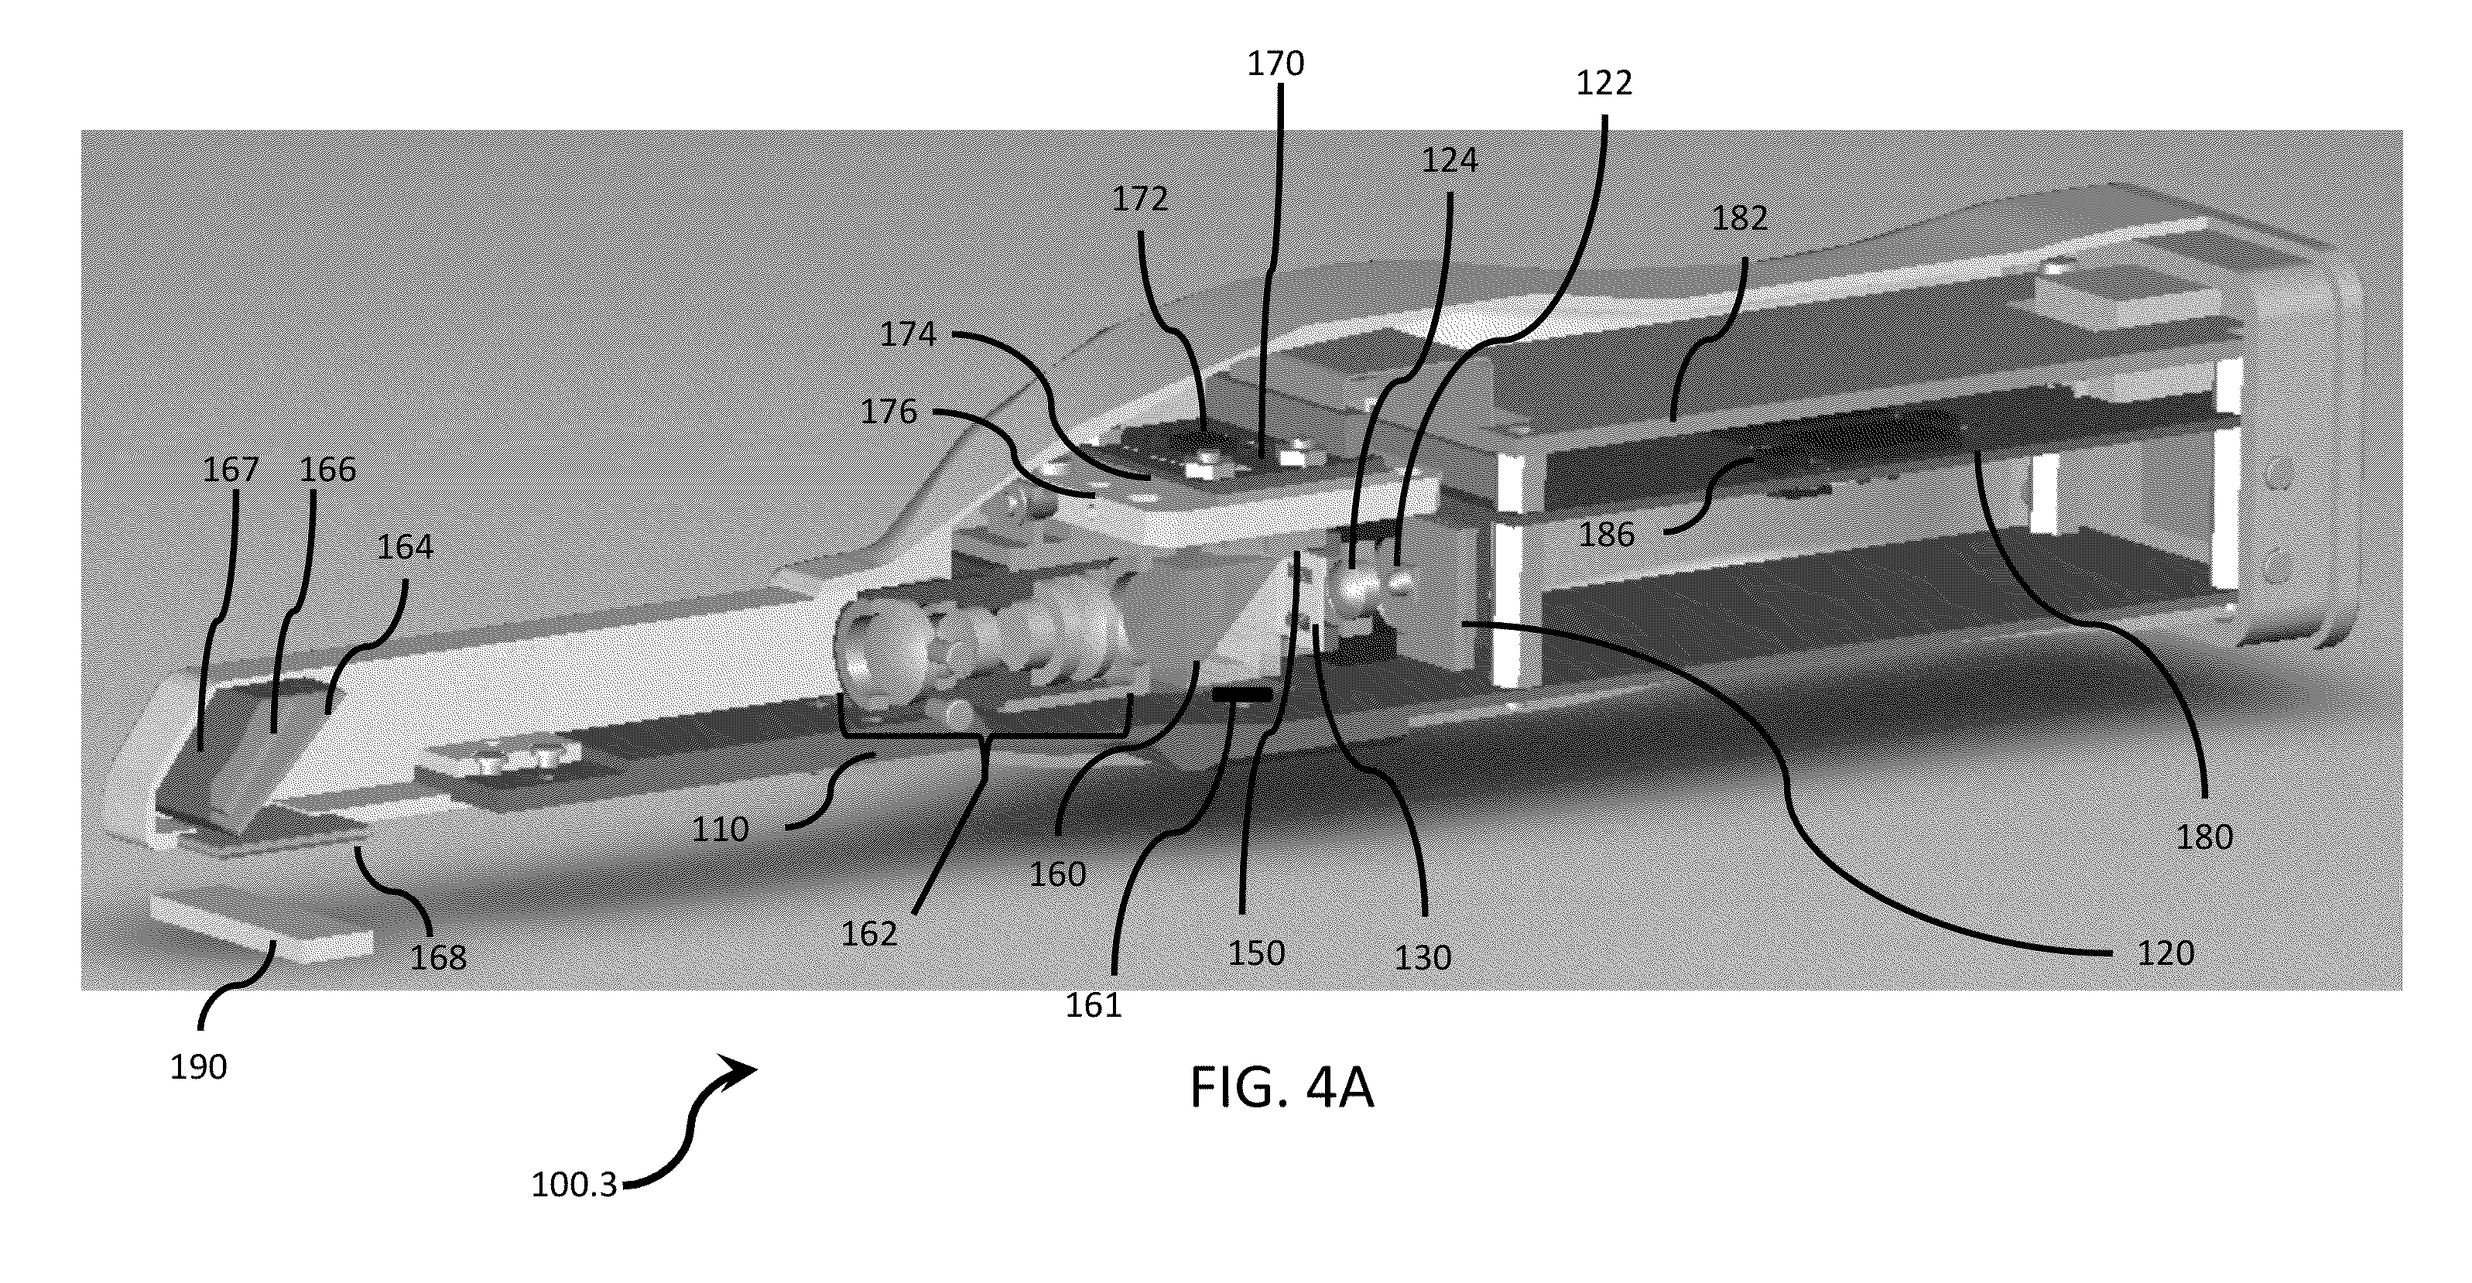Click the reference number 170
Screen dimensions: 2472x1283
pos(1275,64)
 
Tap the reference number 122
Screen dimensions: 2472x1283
pos(1604,84)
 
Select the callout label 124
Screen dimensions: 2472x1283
pos(1449,160)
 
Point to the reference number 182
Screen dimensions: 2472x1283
pos(1740,219)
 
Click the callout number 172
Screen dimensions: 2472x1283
pos(1140,199)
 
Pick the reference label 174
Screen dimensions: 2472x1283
pos(908,334)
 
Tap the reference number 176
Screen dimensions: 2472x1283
pos(888,412)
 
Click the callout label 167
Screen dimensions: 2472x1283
pos(231,469)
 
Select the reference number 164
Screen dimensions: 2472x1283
pos(405,547)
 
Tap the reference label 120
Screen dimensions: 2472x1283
pos(2166,953)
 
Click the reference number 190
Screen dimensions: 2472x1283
pos(197,1067)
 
